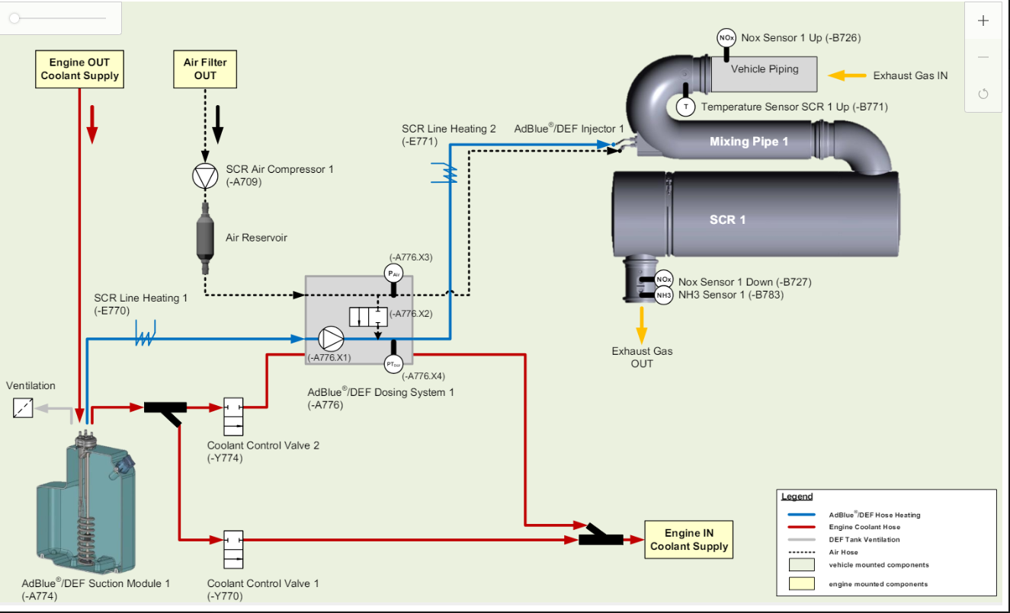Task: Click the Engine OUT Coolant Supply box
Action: pos(79,69)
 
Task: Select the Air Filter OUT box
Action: pos(205,69)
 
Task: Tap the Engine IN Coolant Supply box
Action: pos(689,540)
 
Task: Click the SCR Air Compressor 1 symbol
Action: pos(205,176)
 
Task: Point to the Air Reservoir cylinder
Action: pos(205,238)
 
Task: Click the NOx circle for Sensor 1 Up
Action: pos(726,38)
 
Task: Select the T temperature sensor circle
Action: pos(686,107)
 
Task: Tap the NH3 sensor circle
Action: pos(664,295)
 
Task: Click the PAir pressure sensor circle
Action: pos(393,273)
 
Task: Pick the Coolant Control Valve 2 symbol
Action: pos(233,417)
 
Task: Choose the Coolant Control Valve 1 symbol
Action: pos(233,550)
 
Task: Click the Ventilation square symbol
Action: pos(23,408)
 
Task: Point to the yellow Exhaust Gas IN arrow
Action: pos(847,75)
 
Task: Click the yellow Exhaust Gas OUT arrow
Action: pos(642,325)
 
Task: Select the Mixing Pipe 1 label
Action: pos(749,142)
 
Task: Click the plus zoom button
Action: pos(983,21)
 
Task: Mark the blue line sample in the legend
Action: pos(801,514)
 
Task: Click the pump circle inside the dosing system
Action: pos(331,339)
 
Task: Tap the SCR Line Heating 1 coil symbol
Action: pos(145,334)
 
